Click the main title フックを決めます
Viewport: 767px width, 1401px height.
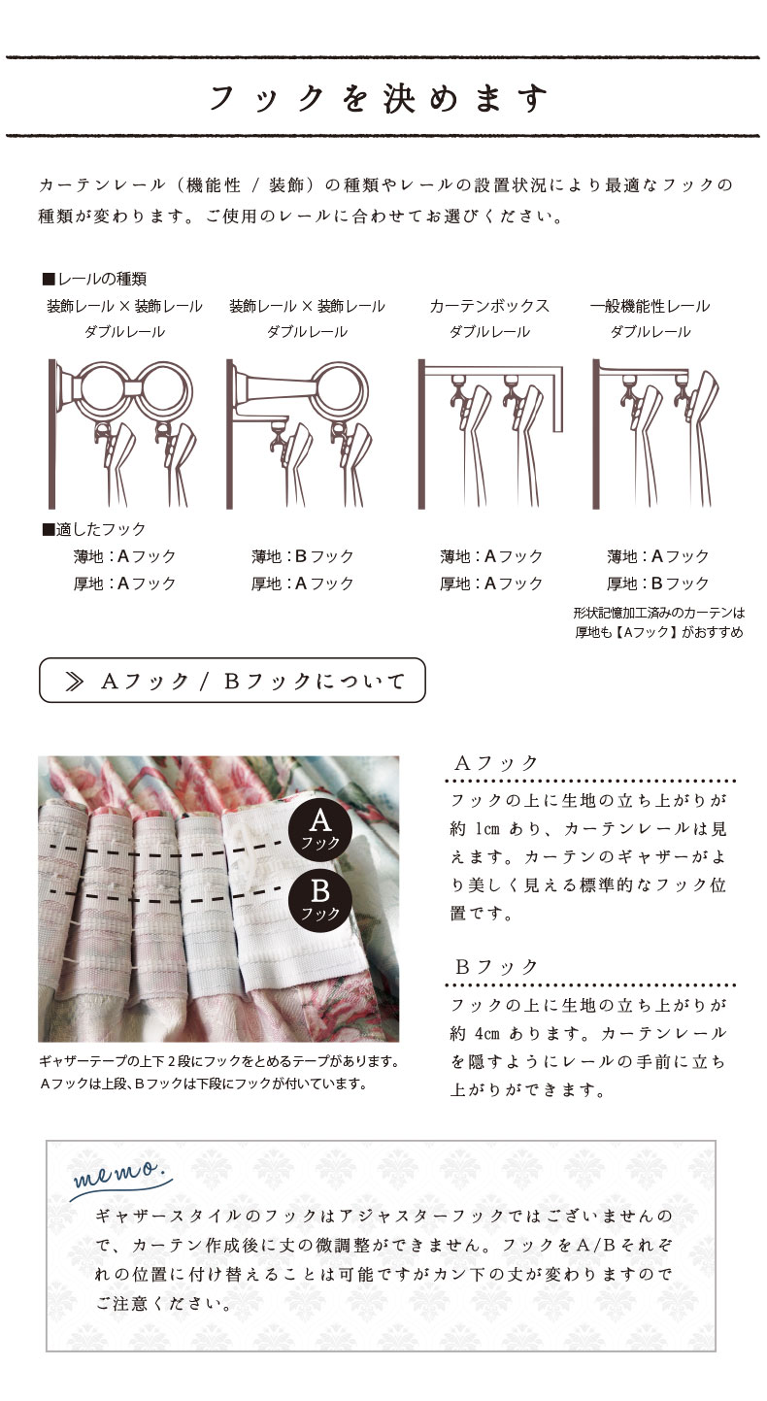(379, 99)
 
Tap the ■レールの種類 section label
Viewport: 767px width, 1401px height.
(94, 279)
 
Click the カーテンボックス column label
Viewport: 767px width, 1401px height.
(489, 306)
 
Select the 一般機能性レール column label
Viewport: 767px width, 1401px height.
(650, 306)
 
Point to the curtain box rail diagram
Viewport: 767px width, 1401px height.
(490, 433)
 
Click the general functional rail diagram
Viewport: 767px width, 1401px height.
(655, 433)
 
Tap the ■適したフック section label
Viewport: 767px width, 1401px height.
(94, 529)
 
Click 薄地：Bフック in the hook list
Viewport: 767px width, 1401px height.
(303, 556)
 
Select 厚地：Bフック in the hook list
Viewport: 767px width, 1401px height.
(657, 584)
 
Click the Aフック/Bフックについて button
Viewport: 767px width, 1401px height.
(232, 680)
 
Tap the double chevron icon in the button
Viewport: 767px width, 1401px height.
(75, 682)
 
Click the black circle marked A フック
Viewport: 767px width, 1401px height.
(320, 829)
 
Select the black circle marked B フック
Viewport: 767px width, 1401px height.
(320, 900)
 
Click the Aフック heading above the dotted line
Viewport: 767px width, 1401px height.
(496, 763)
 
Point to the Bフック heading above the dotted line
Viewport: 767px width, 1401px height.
(496, 967)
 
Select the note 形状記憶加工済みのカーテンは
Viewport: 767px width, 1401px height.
(659, 613)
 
